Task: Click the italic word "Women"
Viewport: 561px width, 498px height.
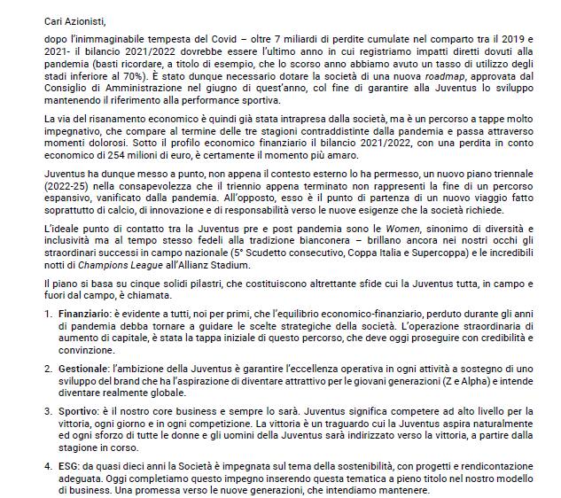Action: (x=343, y=270)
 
